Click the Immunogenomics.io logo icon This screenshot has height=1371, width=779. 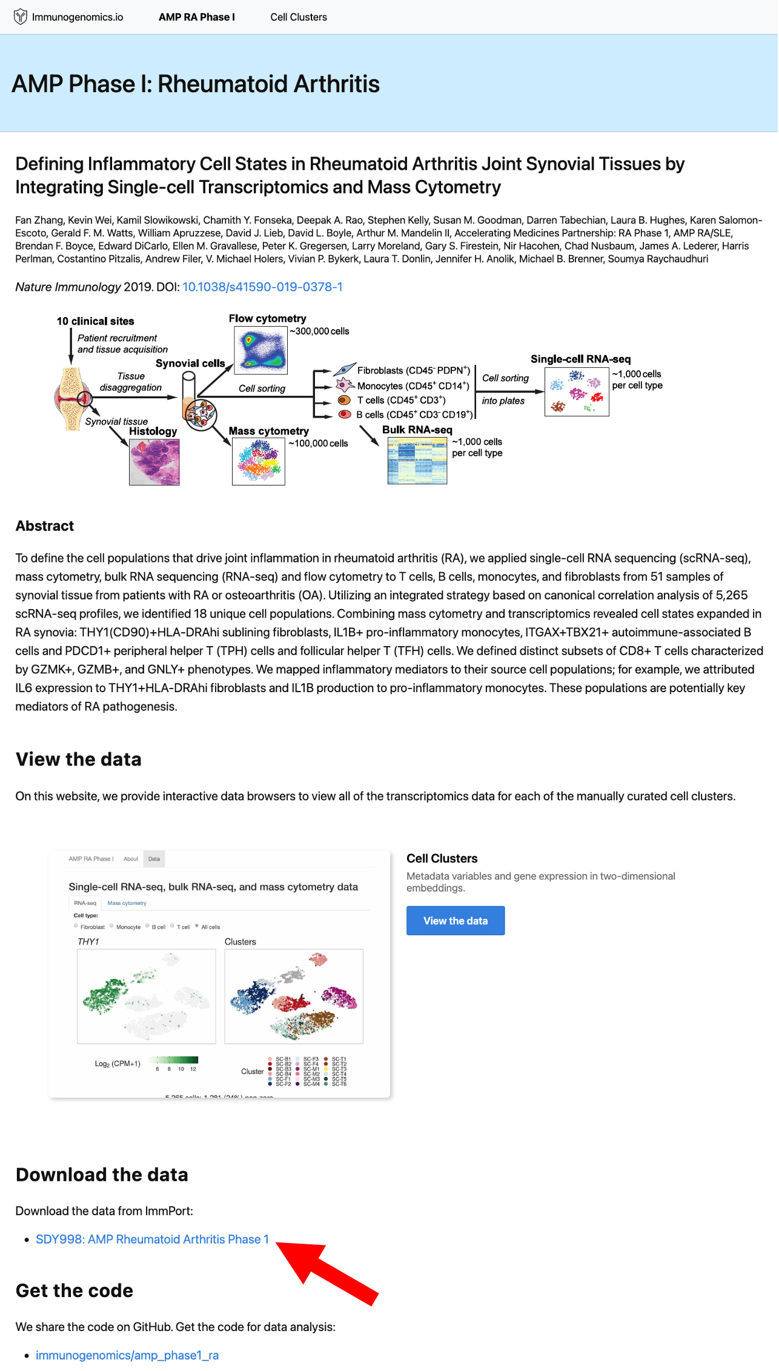(21, 17)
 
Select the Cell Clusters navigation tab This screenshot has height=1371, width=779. (299, 17)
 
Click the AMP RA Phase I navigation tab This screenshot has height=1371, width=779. (197, 17)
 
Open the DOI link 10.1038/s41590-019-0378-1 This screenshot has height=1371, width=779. (262, 287)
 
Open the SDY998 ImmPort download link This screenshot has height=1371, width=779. (152, 1239)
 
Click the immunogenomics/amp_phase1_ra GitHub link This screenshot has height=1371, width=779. (127, 1355)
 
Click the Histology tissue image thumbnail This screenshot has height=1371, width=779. (154, 462)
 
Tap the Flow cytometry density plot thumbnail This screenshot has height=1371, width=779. (260, 350)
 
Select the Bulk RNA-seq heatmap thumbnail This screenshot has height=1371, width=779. (417, 461)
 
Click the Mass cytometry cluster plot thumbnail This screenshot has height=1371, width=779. (259, 461)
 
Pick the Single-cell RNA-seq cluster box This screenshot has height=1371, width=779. (577, 392)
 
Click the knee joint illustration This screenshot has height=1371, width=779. (73, 399)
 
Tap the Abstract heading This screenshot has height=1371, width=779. (45, 526)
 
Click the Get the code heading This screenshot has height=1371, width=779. (75, 1291)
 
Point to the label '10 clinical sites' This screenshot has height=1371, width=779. (96, 321)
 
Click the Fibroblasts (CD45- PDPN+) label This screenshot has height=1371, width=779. (414, 370)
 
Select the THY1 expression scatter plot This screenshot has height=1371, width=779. (147, 996)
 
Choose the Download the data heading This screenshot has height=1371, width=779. (102, 1175)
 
